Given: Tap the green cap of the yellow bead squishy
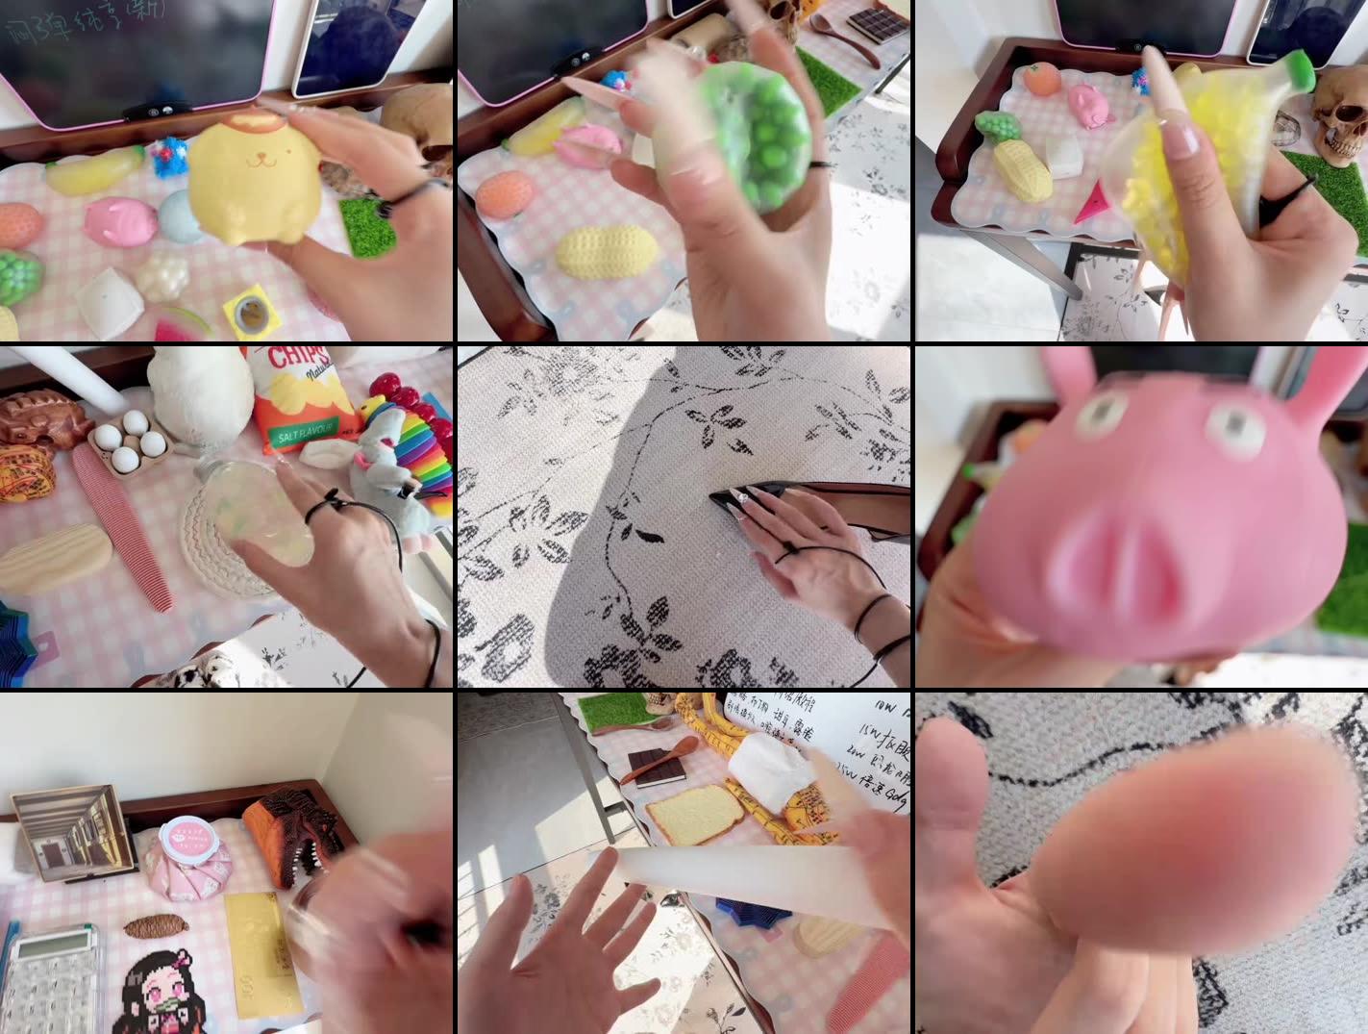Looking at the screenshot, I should coord(1297,68).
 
